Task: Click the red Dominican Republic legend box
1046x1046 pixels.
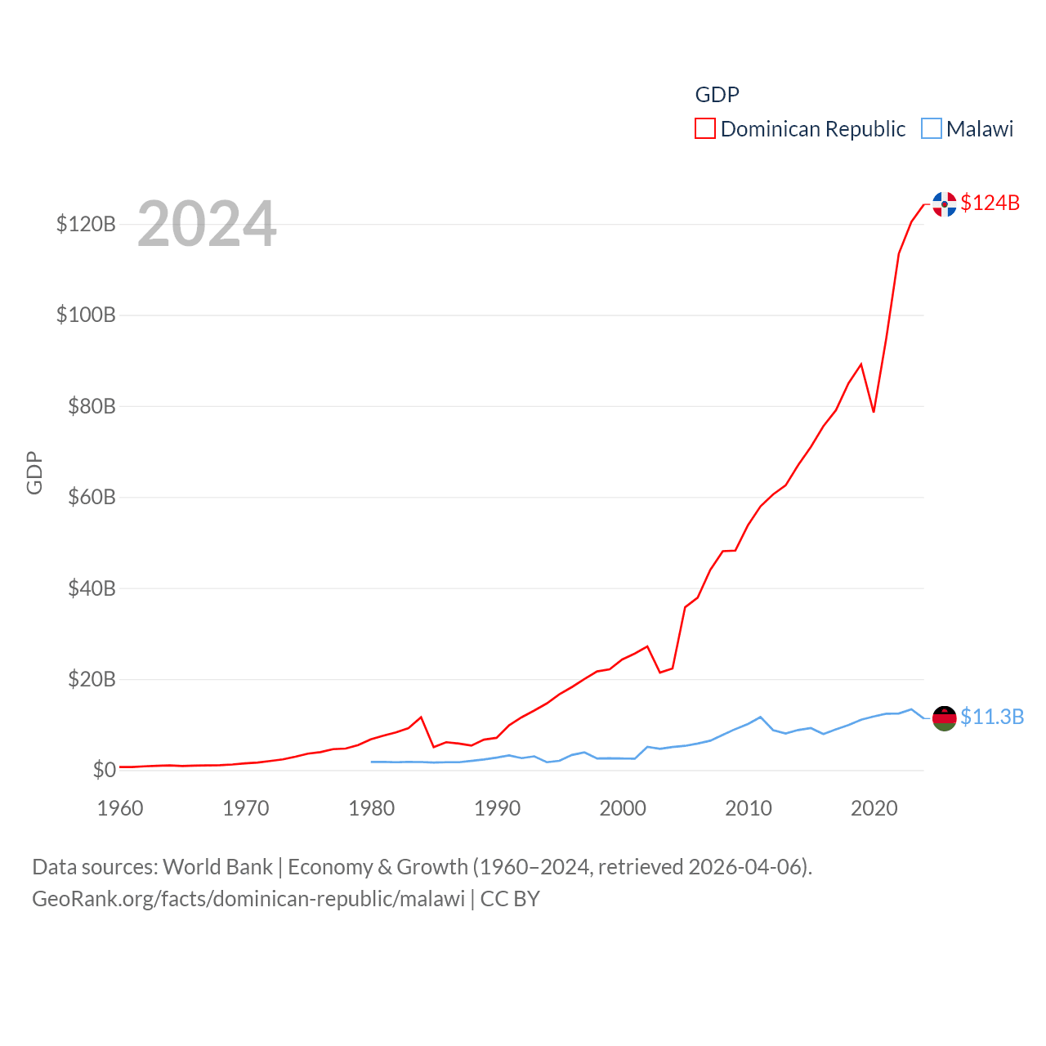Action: point(705,129)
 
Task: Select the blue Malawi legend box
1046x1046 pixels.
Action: point(932,129)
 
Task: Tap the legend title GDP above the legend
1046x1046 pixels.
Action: point(717,95)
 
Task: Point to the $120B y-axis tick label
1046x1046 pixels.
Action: point(86,224)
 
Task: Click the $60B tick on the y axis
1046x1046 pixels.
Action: point(92,497)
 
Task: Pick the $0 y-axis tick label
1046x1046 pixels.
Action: point(104,770)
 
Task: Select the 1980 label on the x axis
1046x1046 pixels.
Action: point(371,808)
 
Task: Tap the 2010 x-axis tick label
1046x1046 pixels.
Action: point(749,808)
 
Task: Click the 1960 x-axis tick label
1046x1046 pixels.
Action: point(120,808)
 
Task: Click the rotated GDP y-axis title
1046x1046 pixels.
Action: point(34,472)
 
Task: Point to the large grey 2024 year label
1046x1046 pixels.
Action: point(207,224)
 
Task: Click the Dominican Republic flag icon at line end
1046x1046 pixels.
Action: point(945,204)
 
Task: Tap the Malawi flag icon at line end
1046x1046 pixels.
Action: point(945,718)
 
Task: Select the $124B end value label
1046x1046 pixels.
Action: point(990,203)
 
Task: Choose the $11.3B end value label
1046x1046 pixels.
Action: point(992,717)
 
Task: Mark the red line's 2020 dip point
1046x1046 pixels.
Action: point(874,411)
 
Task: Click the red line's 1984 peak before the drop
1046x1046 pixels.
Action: point(421,717)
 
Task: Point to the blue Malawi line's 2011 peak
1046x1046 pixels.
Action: point(761,717)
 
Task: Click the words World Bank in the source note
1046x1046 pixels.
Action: point(217,866)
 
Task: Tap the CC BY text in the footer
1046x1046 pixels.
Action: point(510,899)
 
